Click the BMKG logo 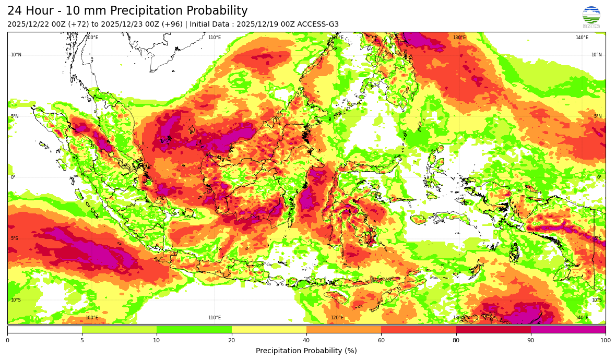[591, 17]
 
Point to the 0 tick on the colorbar [7, 340]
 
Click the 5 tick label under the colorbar [82, 340]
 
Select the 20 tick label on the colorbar [231, 340]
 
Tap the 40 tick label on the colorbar [306, 340]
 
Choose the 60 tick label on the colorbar [381, 340]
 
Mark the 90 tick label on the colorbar [531, 340]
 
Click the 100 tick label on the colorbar [605, 340]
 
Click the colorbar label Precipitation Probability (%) [306, 351]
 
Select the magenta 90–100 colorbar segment [568, 329]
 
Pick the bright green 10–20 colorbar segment [194, 329]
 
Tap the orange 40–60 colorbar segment [343, 329]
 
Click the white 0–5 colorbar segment [44, 329]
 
